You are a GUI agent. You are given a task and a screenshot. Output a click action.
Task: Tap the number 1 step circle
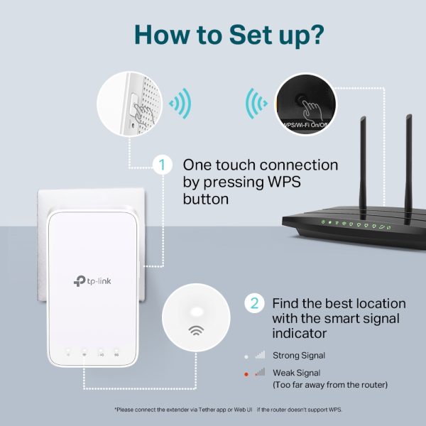pyautogui.click(x=163, y=165)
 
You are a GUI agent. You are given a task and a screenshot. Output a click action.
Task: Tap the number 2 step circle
pyautogui.click(x=254, y=303)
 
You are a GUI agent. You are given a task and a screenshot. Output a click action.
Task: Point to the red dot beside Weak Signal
pyautogui.click(x=245, y=373)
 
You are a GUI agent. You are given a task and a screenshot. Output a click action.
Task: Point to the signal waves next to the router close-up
pyautogui.click(x=253, y=105)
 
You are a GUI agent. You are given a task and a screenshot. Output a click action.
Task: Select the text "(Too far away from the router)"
pyautogui.click(x=330, y=385)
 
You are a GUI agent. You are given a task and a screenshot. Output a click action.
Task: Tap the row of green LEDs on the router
pyautogui.click(x=355, y=224)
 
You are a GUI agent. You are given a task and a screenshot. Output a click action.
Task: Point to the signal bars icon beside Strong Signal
pyautogui.click(x=259, y=354)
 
